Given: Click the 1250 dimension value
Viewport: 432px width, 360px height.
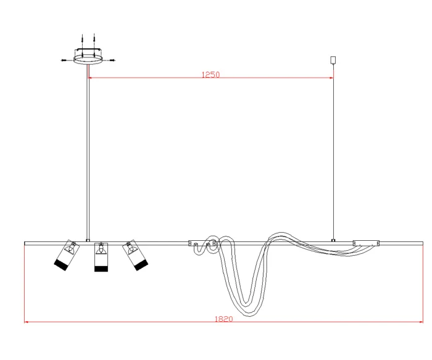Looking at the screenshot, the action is (211, 75).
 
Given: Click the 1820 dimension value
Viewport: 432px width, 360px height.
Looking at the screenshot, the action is (223, 319).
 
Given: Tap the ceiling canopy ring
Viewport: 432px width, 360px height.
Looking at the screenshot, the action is (88, 60).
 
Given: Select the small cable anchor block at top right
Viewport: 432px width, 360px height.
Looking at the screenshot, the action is (333, 60).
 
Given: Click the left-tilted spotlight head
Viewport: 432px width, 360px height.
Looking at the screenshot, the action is (67, 255).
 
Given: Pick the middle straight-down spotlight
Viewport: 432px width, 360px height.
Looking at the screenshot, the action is (101, 257).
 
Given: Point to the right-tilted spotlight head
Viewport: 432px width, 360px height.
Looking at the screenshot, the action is (135, 255).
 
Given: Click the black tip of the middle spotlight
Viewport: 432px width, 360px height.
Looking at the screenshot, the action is (101, 269).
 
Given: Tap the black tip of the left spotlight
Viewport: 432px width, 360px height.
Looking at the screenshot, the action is (61, 265).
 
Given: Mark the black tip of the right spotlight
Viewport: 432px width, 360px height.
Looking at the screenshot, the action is (141, 265).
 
